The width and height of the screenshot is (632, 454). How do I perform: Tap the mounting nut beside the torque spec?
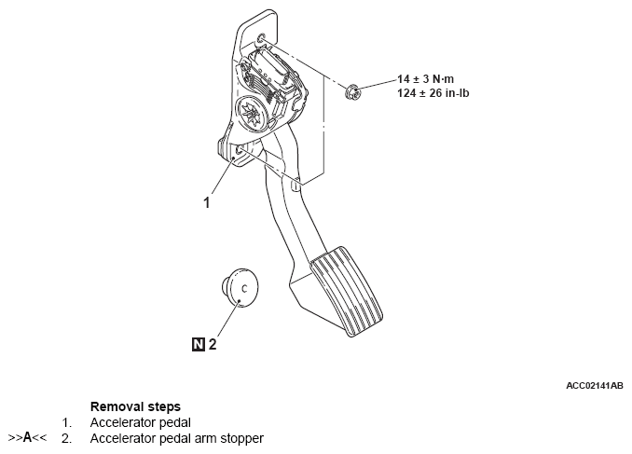point(353,90)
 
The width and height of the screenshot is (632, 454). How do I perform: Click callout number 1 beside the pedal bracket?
point(207,199)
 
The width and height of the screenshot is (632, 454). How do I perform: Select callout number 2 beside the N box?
point(213,344)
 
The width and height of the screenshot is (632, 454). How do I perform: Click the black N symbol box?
point(198,344)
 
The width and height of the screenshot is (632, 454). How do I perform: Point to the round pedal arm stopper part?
point(240,287)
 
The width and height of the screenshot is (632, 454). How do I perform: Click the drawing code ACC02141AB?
point(593,384)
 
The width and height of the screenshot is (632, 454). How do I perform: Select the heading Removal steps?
point(135,407)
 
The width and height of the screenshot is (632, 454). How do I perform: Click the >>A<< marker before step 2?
point(27,437)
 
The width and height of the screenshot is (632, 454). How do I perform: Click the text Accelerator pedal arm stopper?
point(177,437)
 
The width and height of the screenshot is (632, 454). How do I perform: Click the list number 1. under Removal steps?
point(66,422)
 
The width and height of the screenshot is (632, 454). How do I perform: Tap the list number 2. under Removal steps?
point(66,437)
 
